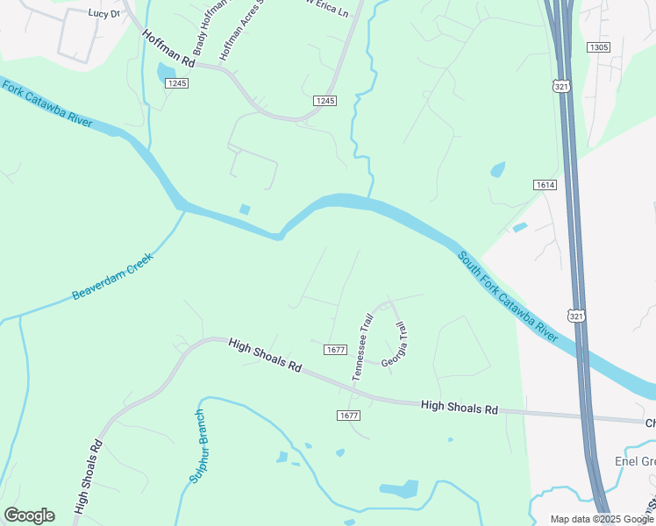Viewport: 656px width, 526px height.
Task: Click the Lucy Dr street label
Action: tap(103, 13)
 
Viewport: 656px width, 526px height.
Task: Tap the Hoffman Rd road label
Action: tap(168, 48)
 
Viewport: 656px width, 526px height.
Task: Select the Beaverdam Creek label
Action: tap(112, 276)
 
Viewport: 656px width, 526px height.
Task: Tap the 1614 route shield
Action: tap(544, 185)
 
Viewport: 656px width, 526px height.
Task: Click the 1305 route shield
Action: tap(599, 47)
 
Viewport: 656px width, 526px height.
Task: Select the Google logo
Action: tap(29, 515)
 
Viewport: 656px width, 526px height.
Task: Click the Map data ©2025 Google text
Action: tap(602, 519)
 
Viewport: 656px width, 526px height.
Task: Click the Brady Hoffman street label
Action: tap(198, 25)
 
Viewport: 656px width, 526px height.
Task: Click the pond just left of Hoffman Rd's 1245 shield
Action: tap(166, 74)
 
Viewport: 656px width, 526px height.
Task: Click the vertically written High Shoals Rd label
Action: tap(89, 476)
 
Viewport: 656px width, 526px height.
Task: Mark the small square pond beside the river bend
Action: tap(244, 209)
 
